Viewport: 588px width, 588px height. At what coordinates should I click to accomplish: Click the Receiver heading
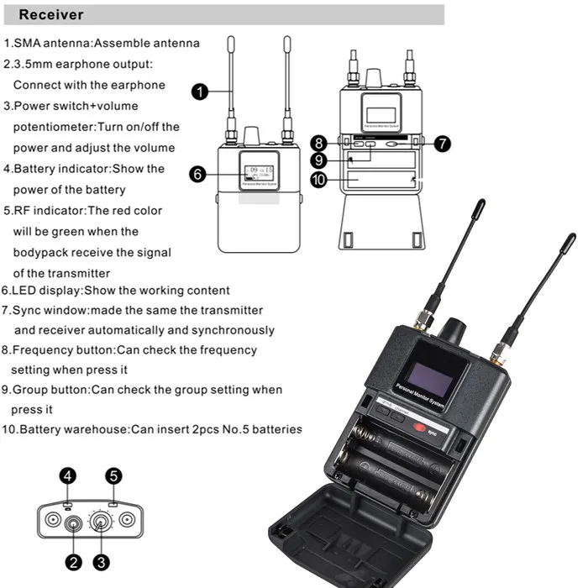point(50,14)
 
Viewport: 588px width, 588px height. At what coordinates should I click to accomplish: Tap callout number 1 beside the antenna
point(200,92)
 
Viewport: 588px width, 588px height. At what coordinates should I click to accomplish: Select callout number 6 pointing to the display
point(198,174)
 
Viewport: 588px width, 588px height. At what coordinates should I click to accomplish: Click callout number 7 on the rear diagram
point(442,143)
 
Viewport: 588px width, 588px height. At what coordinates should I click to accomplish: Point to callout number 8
point(318,143)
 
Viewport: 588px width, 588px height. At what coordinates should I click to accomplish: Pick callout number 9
point(318,160)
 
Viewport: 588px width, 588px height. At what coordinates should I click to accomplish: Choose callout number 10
point(318,180)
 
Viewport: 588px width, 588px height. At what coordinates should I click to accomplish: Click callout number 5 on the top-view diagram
point(113,476)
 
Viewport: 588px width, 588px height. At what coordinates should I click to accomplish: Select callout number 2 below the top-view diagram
point(73,562)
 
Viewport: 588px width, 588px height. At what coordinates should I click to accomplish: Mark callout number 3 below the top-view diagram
point(101,562)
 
